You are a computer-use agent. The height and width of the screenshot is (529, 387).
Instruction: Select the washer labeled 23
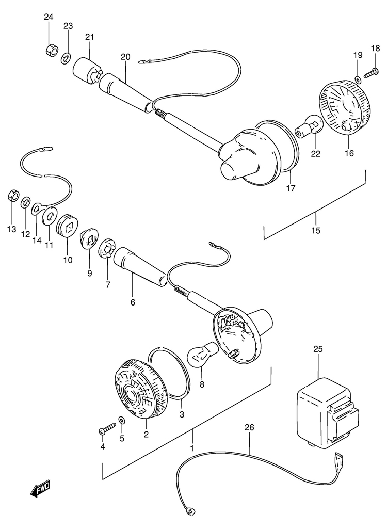[x=66, y=58]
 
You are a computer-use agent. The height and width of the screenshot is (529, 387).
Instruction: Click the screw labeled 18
[x=371, y=72]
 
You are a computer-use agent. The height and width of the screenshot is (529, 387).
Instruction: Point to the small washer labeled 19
[x=358, y=80]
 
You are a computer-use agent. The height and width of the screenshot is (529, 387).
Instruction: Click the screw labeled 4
[x=107, y=429]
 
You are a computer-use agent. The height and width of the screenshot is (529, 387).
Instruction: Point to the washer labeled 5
[x=121, y=421]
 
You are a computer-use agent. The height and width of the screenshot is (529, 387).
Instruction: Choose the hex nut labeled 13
[x=13, y=196]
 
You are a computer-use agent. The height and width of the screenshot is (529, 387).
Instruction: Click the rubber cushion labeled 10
[x=68, y=225]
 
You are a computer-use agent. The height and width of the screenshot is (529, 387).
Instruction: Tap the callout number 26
[x=249, y=427]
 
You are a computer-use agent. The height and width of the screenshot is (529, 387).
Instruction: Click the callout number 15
[x=316, y=230]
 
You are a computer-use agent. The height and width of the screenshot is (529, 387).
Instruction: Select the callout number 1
[x=192, y=448]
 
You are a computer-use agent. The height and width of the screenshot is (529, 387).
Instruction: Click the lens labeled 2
[x=141, y=390]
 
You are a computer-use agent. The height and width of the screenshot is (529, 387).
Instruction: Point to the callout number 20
[x=125, y=57]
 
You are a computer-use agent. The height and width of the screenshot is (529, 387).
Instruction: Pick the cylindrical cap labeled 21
[x=86, y=72]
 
